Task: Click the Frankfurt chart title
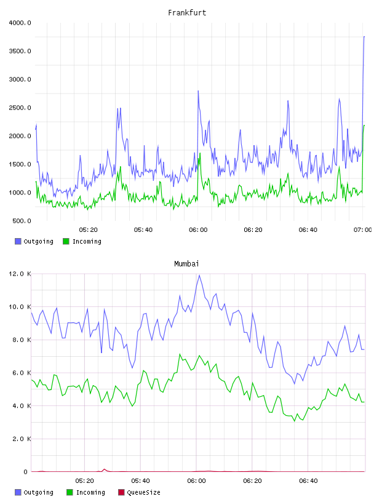(187, 13)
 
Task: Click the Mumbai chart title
(186, 264)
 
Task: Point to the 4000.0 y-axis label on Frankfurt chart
(20, 23)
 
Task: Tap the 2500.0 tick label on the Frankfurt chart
(20, 108)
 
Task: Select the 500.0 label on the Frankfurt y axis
(22, 221)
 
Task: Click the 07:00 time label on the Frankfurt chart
(362, 230)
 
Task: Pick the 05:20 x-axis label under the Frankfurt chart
(88, 230)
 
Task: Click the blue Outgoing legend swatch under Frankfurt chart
(18, 241)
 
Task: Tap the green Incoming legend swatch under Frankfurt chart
(66, 241)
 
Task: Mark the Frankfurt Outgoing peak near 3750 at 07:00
(364, 37)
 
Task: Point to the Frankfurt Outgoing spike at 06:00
(198, 91)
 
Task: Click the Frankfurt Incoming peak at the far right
(364, 125)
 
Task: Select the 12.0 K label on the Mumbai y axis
(20, 274)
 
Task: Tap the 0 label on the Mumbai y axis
(26, 472)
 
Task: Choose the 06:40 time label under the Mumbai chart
(308, 481)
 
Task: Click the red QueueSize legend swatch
(121, 492)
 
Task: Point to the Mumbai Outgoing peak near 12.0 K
(199, 276)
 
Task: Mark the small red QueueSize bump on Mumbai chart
(104, 469)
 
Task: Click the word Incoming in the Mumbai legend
(90, 493)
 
